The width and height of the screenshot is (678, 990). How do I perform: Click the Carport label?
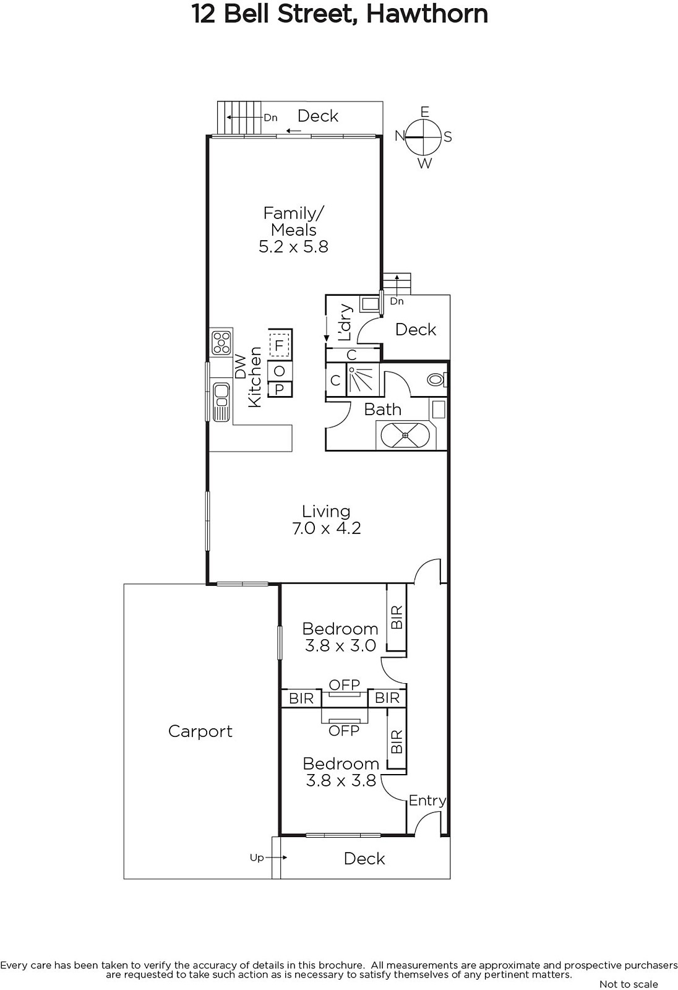200,731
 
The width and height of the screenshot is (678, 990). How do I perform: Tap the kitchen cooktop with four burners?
221,343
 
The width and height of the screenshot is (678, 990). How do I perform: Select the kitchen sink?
221,402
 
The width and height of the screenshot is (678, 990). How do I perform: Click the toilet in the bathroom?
437,380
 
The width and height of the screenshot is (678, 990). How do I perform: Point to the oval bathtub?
406,436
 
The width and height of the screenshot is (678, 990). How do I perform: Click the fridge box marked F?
280,345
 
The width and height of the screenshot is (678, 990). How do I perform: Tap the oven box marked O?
280,371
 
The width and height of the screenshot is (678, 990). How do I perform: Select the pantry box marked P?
280,389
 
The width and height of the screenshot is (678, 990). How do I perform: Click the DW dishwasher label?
241,366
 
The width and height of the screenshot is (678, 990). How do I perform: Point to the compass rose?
424,137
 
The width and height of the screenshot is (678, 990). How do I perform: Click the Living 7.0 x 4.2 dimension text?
327,528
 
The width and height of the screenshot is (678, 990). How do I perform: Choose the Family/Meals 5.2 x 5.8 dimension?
293,247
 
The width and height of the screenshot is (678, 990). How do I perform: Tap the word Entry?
427,801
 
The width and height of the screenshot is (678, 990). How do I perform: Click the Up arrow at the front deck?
277,858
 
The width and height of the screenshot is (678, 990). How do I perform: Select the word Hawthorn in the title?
427,14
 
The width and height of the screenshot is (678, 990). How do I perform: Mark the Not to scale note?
629,984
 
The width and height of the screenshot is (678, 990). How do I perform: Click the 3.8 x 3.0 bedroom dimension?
340,646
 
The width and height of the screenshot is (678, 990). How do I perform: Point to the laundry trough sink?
371,304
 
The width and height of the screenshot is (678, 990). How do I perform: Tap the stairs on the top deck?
239,118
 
